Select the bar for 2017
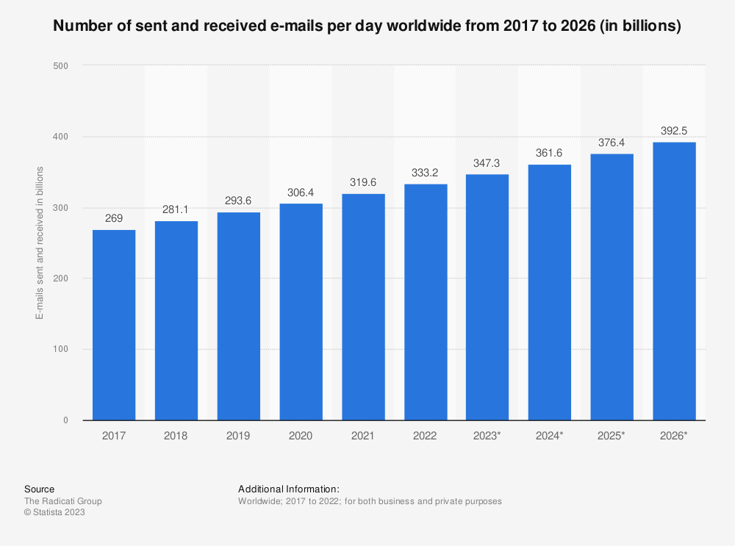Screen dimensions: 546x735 click(114, 325)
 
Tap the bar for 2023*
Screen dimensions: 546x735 click(487, 297)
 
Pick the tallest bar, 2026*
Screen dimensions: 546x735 click(674, 281)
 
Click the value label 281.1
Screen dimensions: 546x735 click(176, 209)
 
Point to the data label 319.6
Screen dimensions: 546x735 click(362, 182)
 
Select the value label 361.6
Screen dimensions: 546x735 click(549, 153)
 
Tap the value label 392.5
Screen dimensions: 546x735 click(674, 131)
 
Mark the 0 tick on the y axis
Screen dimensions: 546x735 click(65, 420)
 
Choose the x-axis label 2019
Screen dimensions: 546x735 click(238, 436)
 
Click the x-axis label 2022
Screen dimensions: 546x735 click(425, 436)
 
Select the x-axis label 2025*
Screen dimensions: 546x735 click(612, 436)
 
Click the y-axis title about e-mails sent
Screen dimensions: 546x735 click(40, 243)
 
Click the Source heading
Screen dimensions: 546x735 click(39, 489)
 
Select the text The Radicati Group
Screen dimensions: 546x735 click(63, 501)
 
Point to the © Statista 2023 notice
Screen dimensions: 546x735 click(54, 513)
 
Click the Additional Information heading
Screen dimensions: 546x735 click(289, 489)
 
